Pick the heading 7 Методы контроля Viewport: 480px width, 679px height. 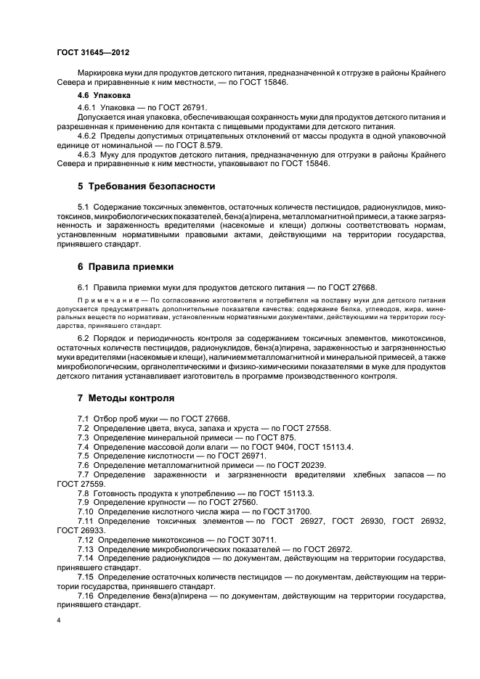pyautogui.click(x=126, y=398)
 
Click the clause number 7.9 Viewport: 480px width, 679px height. pyautogui.click(x=84, y=502)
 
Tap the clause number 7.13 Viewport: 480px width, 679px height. pyautogui.click(x=86, y=549)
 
